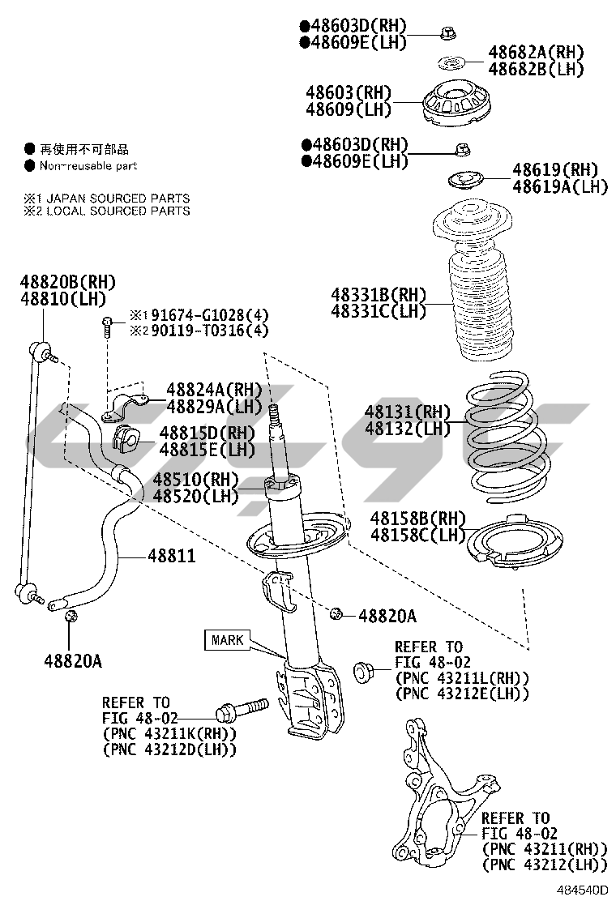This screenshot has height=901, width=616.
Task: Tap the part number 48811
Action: pos(171,557)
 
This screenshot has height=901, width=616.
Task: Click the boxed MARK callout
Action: pos(227,640)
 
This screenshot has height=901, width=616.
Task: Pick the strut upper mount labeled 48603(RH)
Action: pos(460,105)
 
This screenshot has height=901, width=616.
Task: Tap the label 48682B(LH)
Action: pos(536,69)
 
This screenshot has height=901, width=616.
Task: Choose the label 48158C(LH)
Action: pos(418,534)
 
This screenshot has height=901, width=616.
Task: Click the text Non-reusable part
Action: pos(89,165)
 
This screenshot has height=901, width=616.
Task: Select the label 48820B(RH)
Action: pos(68,282)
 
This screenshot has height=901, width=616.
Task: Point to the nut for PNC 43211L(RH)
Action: pos(364,670)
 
